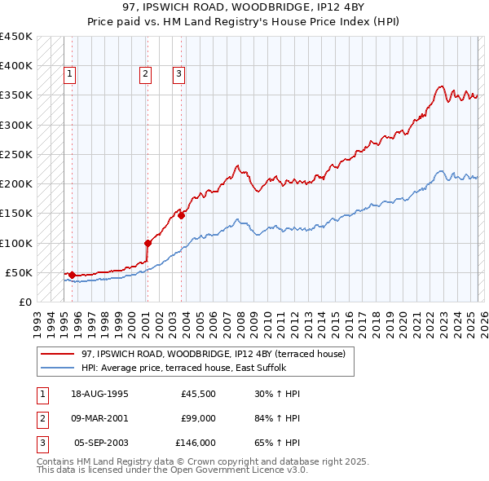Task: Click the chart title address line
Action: [244, 7]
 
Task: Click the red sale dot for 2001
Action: [148, 243]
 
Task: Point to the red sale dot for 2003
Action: [181, 215]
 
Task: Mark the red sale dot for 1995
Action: [72, 275]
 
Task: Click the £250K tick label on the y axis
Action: [16, 154]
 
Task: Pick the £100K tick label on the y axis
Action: [16, 243]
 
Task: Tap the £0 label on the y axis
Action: [25, 302]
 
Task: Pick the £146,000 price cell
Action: [195, 443]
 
